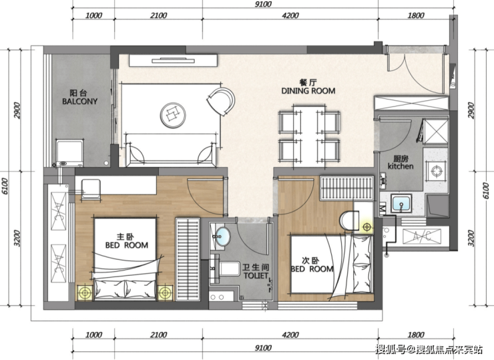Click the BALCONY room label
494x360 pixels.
79,102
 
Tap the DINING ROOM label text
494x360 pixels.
308,91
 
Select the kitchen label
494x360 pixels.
401,166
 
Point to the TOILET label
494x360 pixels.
256,276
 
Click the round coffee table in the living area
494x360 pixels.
173,115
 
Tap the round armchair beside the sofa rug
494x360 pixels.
221,101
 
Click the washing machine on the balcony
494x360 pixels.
69,153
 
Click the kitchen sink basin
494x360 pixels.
401,203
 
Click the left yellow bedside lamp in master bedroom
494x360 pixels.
85,293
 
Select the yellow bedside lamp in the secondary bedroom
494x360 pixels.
366,226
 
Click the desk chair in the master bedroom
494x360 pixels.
91,190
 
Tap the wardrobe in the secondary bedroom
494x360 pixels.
346,188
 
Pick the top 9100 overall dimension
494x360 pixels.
263,4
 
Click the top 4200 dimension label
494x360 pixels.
290,15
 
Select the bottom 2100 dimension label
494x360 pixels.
158,335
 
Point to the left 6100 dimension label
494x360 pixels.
5,186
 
